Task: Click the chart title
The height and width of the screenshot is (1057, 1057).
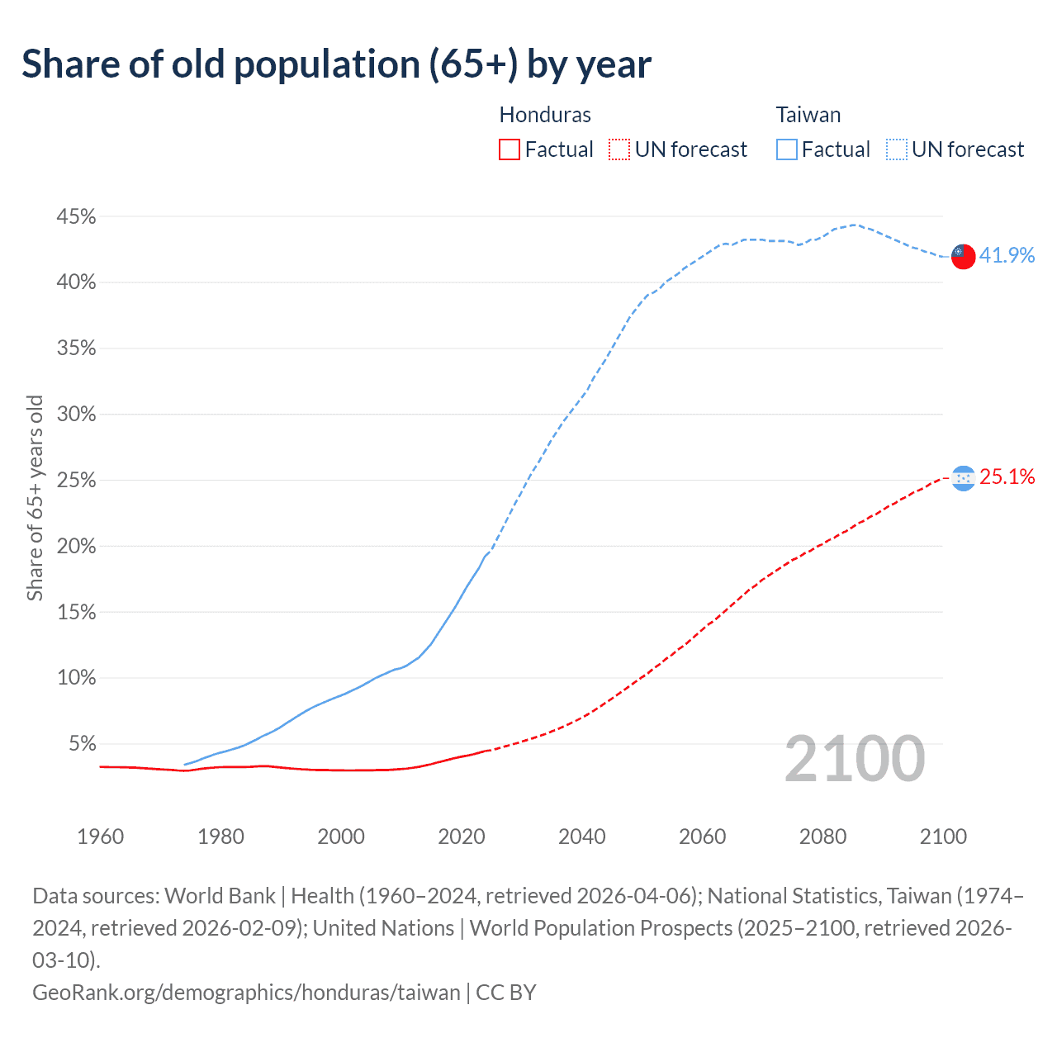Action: pos(336,64)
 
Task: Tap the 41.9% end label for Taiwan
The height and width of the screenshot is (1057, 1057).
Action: pos(1007,255)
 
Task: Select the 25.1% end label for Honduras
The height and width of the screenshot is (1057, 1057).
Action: pos(1007,476)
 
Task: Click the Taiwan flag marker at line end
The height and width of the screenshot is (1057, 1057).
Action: pos(963,256)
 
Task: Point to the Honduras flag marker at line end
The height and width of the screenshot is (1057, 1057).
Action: pos(963,477)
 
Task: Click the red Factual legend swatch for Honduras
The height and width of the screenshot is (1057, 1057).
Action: pos(510,149)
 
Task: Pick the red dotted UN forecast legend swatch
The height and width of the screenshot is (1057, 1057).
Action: pos(619,149)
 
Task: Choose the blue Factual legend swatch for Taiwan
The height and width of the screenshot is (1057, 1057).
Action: pos(787,149)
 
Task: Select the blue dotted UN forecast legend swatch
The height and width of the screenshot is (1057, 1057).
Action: pos(897,149)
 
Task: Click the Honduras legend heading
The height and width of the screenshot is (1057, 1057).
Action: pos(545,115)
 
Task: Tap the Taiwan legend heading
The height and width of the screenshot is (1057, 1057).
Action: pos(808,115)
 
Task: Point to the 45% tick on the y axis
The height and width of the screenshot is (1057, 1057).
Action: pos(76,217)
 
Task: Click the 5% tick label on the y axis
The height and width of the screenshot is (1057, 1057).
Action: pos(81,744)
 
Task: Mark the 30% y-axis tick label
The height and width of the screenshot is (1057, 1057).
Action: pos(76,415)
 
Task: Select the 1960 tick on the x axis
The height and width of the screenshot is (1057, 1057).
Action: pos(101,837)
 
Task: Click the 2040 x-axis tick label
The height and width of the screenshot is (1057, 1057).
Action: pos(582,837)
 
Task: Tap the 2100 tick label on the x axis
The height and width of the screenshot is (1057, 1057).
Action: pos(943,837)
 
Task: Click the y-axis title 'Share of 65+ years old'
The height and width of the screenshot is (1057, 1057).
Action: pos(35,498)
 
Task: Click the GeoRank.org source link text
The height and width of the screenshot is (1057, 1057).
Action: pos(246,992)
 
